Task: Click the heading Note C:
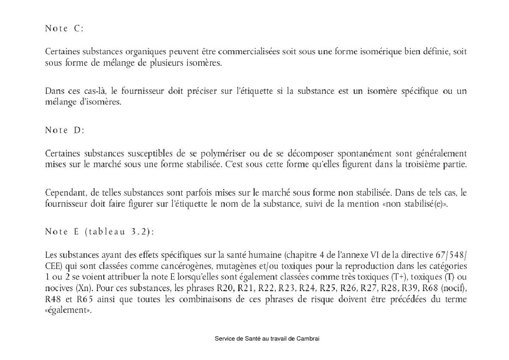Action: pyautogui.click(x=64, y=29)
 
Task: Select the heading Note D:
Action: pyautogui.click(x=64, y=131)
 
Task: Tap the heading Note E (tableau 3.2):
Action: pyautogui.click(x=99, y=232)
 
